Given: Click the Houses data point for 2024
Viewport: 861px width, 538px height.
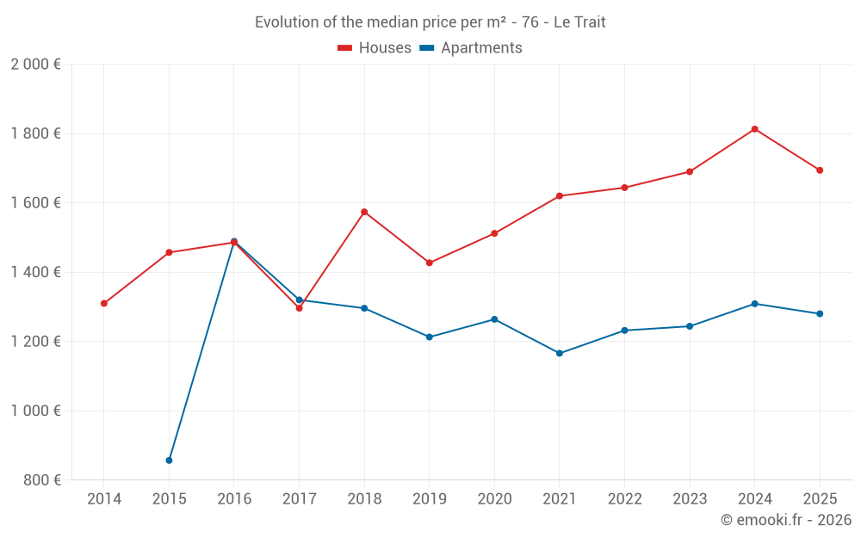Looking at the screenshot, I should [x=754, y=129].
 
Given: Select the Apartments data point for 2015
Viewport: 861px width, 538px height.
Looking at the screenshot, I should [x=169, y=461].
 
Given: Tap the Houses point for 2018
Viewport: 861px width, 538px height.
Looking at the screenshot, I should [x=364, y=212].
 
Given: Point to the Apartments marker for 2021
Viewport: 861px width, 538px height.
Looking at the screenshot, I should [x=560, y=353].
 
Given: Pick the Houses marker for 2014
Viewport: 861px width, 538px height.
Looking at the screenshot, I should [x=104, y=303].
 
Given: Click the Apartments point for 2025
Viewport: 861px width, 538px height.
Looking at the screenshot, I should [x=820, y=313].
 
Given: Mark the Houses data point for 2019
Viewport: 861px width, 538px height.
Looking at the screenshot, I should [x=430, y=263].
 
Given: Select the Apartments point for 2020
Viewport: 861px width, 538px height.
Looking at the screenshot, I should [x=494, y=319].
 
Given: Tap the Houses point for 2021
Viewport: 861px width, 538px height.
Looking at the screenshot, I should [x=560, y=196].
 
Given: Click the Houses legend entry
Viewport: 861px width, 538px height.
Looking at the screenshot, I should [x=375, y=48].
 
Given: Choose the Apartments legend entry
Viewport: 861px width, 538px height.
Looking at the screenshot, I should [x=471, y=48].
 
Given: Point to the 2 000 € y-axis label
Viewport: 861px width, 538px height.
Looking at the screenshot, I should [x=35, y=65].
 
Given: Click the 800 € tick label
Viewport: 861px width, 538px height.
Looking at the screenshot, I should [x=41, y=479].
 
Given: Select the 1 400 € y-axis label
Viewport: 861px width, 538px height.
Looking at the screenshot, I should [x=35, y=272].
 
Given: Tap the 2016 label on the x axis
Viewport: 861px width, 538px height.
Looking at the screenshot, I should [x=234, y=498].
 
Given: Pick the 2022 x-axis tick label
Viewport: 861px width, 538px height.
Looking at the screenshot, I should [x=624, y=498].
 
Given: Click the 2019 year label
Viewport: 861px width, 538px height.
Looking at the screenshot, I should [x=430, y=498].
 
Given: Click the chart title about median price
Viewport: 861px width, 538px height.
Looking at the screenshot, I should [x=430, y=22].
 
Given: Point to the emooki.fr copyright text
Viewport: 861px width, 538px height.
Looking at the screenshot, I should [x=786, y=520].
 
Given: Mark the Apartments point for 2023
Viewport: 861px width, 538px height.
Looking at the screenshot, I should [x=690, y=326].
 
